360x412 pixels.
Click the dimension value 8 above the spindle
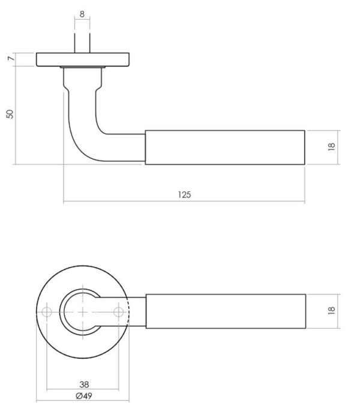[82, 14]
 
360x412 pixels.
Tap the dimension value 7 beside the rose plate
[11, 58]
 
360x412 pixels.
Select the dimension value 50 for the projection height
[10, 115]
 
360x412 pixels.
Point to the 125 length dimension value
[184, 195]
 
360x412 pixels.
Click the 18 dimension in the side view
[331, 146]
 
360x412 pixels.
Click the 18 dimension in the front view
[331, 310]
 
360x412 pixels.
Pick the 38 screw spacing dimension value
[84, 384]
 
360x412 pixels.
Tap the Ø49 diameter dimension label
[84, 396]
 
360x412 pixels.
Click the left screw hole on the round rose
[47, 312]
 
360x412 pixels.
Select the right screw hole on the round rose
[119, 312]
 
